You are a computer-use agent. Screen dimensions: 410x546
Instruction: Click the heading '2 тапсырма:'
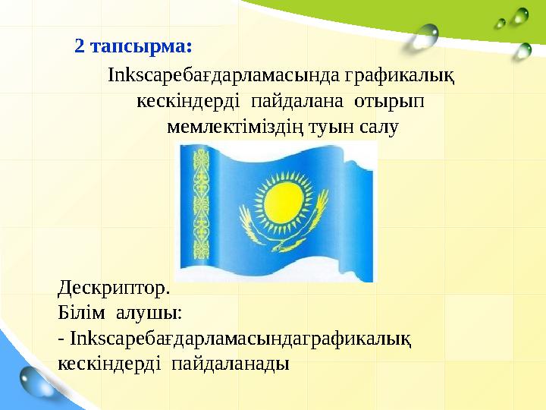(133, 46)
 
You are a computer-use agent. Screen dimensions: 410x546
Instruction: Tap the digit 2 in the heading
(80, 46)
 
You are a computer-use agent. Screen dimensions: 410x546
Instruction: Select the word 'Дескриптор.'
(115, 289)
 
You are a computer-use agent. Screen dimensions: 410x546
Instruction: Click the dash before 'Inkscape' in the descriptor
(61, 339)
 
